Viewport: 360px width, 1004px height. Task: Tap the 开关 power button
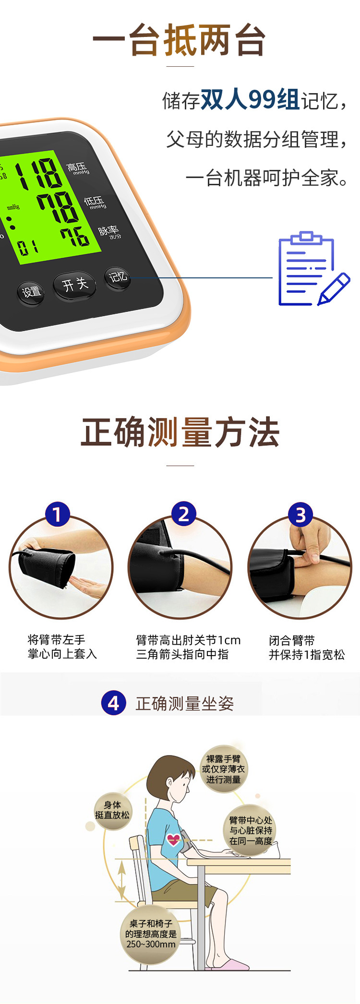pos(75,285)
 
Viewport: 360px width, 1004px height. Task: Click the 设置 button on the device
pos(32,292)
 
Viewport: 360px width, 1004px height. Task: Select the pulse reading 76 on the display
pos(74,237)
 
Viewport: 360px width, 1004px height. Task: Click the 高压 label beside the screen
pos(77,168)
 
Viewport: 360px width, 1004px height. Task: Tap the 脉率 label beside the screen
pos(108,232)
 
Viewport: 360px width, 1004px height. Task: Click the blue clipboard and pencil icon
pos(312,269)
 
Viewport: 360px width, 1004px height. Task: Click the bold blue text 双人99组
pos(250,100)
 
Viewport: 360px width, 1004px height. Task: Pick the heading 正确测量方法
pos(180,432)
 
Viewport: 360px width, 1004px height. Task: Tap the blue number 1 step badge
pos(57,514)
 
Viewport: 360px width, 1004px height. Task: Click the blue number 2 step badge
pos(184,514)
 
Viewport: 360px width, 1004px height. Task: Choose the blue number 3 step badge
pos(300,515)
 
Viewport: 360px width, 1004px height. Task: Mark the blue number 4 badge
pos(114,703)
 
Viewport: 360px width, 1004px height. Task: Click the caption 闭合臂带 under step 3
pos(292,640)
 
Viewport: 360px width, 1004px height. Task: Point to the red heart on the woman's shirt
pos(173,839)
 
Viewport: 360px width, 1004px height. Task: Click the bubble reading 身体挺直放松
pos(112,810)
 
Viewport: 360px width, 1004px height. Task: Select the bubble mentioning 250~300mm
pos(151,933)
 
